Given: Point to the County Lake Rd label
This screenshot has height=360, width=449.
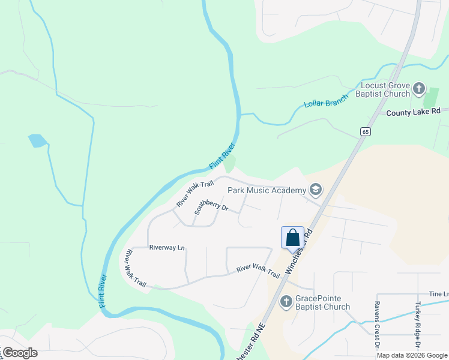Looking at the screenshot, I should pos(413,112).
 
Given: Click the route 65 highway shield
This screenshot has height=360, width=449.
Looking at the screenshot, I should pos(364,131).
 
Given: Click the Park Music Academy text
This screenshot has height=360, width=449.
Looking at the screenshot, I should pos(267,190).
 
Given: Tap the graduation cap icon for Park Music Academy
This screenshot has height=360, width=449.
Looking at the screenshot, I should pos(316,191).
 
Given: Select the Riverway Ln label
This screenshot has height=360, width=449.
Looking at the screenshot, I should pos(167,247).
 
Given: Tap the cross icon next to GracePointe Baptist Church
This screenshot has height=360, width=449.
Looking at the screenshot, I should pos(286,301).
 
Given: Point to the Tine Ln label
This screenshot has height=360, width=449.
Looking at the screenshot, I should pos(438,294).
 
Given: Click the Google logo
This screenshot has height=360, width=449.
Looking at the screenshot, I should pos(19,352).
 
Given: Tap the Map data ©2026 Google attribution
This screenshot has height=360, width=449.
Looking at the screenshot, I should pos(412,355).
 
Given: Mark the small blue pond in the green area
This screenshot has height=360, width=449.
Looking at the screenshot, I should pos(37,141).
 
